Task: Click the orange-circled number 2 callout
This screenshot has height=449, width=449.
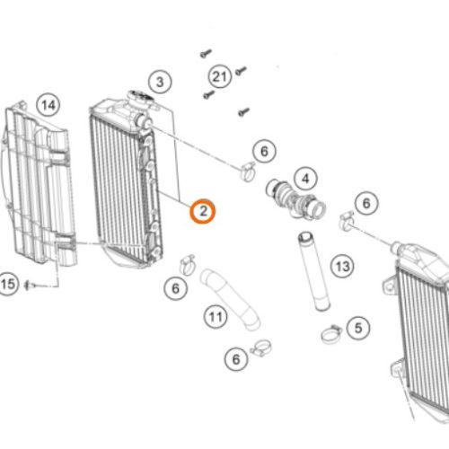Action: tap(203, 211)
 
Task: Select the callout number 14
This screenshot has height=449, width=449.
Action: tap(48, 105)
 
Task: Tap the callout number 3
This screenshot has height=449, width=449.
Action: tap(160, 82)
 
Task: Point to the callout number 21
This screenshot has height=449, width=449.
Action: tap(220, 76)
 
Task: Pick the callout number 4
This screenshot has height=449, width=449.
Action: tap(305, 179)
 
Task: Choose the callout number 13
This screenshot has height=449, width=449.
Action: tap(342, 266)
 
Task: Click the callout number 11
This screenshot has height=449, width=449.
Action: tap(216, 316)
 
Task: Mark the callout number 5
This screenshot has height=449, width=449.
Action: tap(358, 328)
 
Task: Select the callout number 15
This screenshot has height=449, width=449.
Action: tap(7, 284)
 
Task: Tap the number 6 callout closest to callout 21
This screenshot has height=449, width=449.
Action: tap(264, 151)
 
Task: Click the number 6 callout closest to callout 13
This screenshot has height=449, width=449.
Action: tap(366, 203)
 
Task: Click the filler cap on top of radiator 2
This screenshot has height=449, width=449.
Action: tap(139, 99)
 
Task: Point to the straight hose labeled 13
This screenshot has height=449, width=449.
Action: tap(313, 271)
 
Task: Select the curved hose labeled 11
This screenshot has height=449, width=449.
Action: tap(230, 299)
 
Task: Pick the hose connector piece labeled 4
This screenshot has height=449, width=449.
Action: tap(295, 198)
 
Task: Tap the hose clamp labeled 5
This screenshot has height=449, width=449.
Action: tap(331, 334)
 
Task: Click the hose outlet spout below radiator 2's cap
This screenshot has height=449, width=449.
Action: tap(143, 121)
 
